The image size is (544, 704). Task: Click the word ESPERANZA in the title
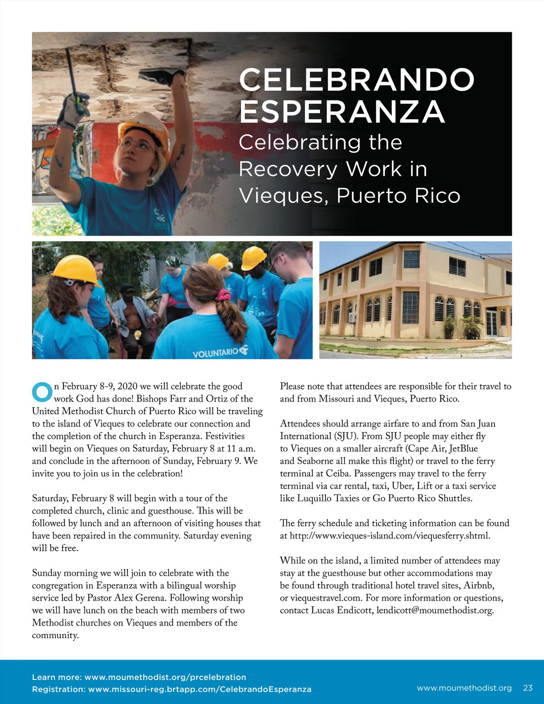342,112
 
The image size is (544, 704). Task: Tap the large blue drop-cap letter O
42,392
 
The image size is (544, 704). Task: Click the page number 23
528,688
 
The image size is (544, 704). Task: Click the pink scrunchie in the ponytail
223,295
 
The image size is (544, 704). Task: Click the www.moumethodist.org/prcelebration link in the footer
165,677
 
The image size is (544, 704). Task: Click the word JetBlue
463,448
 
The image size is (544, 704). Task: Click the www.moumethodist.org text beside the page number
464,688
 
